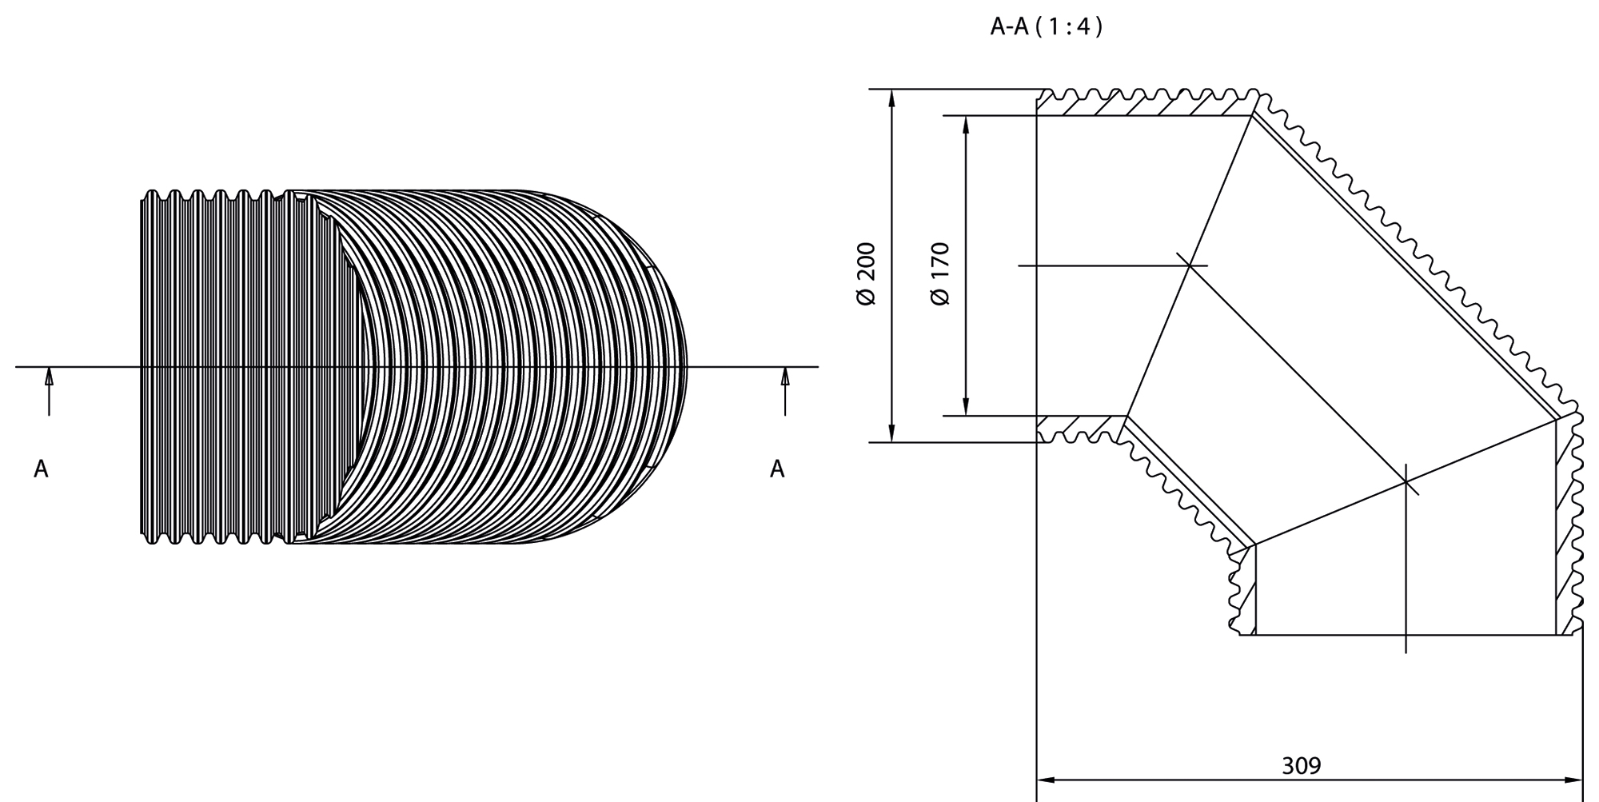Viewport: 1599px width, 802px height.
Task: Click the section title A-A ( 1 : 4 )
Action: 1047,27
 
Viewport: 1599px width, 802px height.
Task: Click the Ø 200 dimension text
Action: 867,273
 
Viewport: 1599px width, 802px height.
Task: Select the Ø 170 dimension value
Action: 940,273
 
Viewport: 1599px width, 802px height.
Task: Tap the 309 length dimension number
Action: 1302,766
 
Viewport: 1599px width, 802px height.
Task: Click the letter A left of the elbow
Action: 41,469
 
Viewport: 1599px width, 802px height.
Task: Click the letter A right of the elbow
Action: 777,469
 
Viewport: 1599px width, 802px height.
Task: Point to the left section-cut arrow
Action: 49,391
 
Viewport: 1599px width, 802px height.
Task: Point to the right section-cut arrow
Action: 785,391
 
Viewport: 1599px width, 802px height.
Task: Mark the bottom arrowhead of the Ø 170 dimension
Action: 967,407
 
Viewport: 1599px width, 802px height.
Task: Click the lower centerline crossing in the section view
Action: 1406,482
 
